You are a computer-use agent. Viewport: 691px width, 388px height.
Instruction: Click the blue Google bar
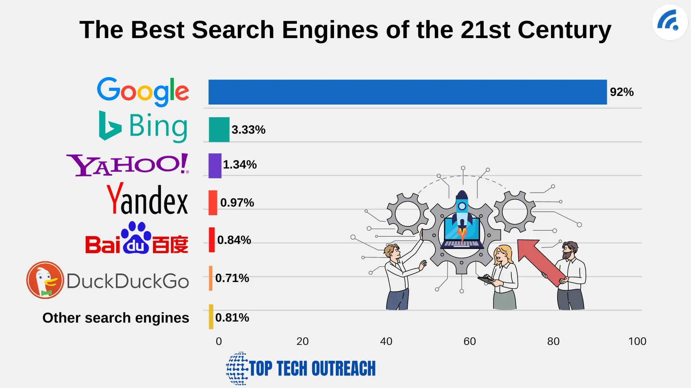pyautogui.click(x=407, y=92)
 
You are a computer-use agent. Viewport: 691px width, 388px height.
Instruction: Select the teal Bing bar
pyautogui.click(x=219, y=129)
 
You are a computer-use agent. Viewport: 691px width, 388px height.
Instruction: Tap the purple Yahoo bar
pyautogui.click(x=215, y=166)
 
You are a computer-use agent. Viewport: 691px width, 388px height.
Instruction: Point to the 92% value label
pyautogui.click(x=622, y=92)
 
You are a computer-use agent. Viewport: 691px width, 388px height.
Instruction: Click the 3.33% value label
pyautogui.click(x=248, y=130)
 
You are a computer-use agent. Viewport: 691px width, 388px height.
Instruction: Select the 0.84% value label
pyautogui.click(x=234, y=240)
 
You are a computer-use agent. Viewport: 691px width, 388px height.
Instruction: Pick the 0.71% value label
pyautogui.click(x=232, y=278)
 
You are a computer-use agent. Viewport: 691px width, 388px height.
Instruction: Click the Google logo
pyautogui.click(x=143, y=91)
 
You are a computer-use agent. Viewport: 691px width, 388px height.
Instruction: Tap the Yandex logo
pyautogui.click(x=147, y=199)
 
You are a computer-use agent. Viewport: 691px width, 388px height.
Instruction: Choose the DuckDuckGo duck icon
pyautogui.click(x=45, y=280)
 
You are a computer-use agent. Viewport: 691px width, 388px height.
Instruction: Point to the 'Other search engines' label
pyautogui.click(x=116, y=318)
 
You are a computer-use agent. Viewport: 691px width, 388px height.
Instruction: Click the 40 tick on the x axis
pyautogui.click(x=386, y=341)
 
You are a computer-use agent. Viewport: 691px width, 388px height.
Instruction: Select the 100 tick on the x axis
pyautogui.click(x=637, y=341)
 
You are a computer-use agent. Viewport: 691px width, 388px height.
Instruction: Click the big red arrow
pyautogui.click(x=540, y=260)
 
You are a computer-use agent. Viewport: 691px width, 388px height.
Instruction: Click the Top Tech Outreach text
pyautogui.click(x=312, y=369)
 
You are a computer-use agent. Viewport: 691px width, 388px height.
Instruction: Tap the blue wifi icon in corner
pyautogui.click(x=669, y=22)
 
